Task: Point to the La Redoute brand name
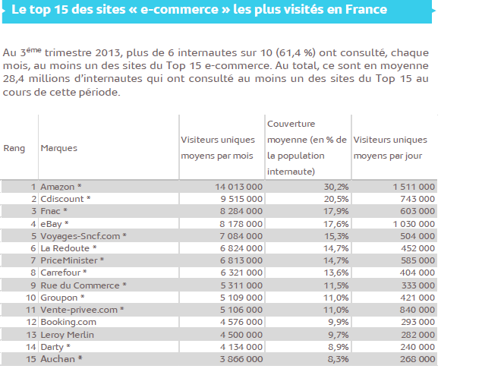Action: click(x=68, y=247)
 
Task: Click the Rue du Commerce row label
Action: click(x=80, y=285)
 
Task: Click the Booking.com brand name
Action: click(x=69, y=322)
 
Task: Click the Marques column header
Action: click(x=58, y=148)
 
